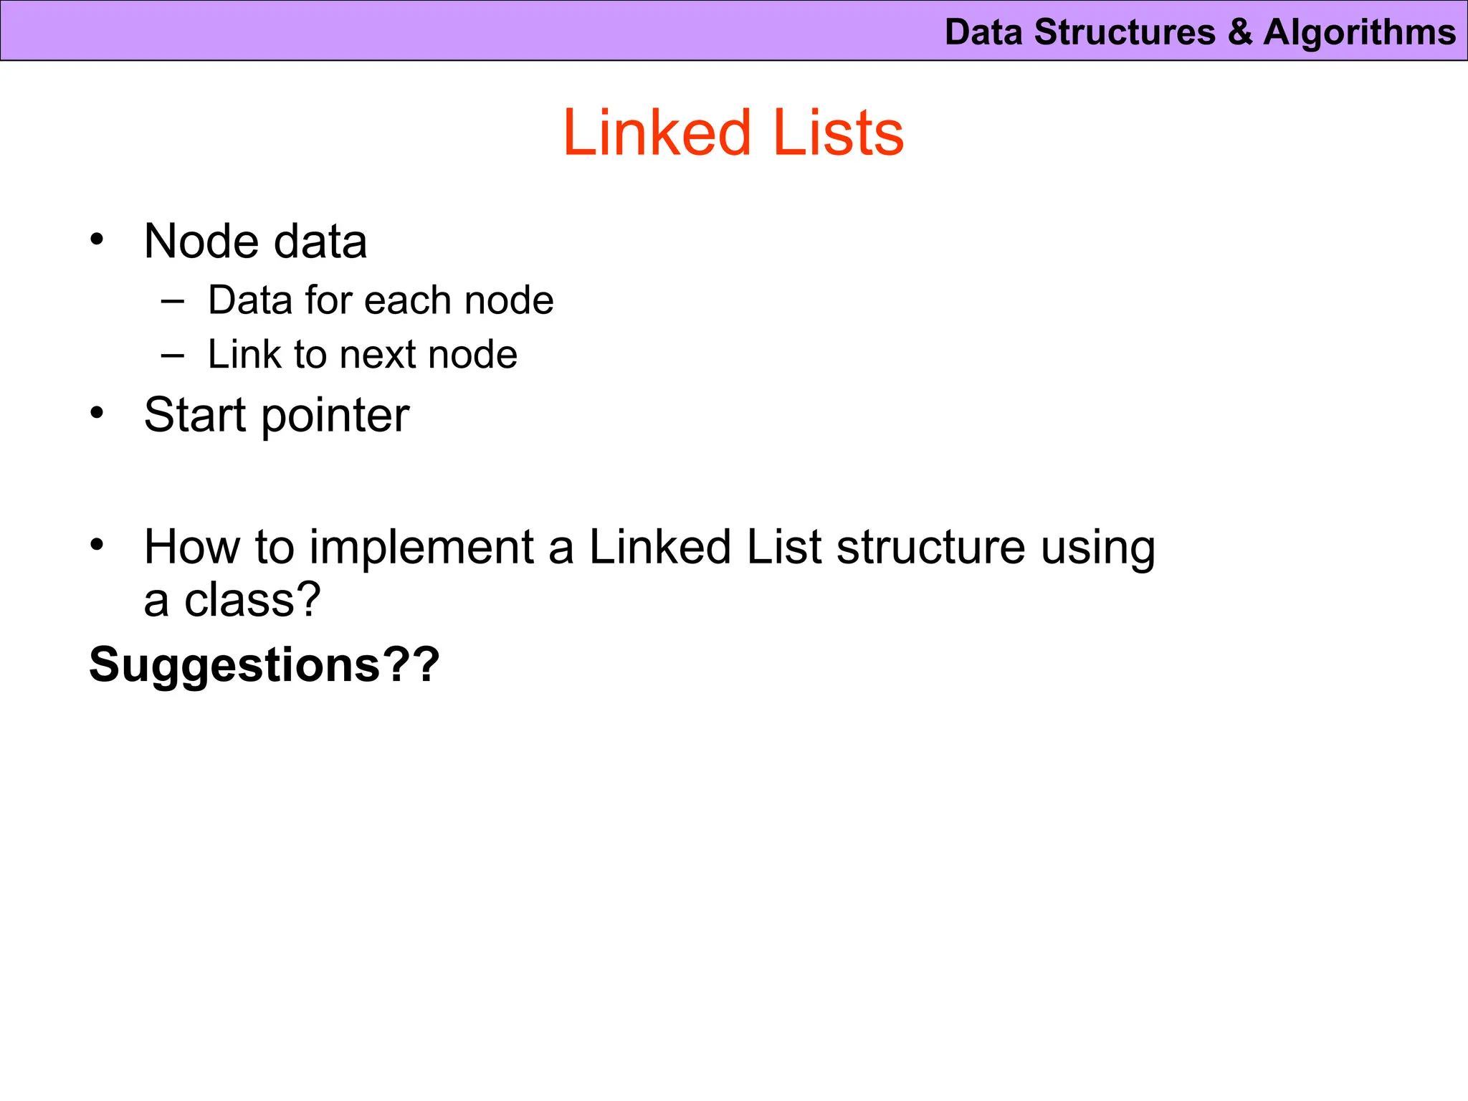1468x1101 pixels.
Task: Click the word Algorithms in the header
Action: (x=1359, y=33)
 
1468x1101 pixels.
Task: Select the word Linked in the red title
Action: (x=657, y=133)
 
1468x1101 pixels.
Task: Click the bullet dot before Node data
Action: (x=97, y=239)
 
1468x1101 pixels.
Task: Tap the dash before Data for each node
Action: (x=173, y=300)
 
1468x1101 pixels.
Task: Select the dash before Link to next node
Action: (x=173, y=355)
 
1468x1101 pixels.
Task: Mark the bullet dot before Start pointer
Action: (x=97, y=414)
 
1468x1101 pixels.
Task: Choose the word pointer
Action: (x=335, y=416)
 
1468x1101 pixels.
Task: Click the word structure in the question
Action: (x=930, y=547)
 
